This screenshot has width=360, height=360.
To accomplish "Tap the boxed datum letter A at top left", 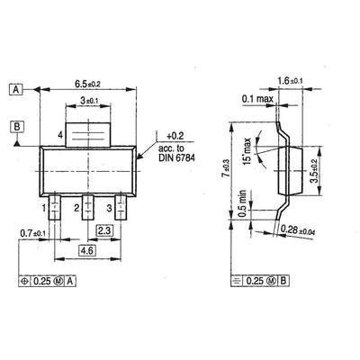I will (x=16, y=90).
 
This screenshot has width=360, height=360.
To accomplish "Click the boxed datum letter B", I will (x=16, y=127).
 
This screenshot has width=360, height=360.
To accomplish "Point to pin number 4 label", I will (x=59, y=134).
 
